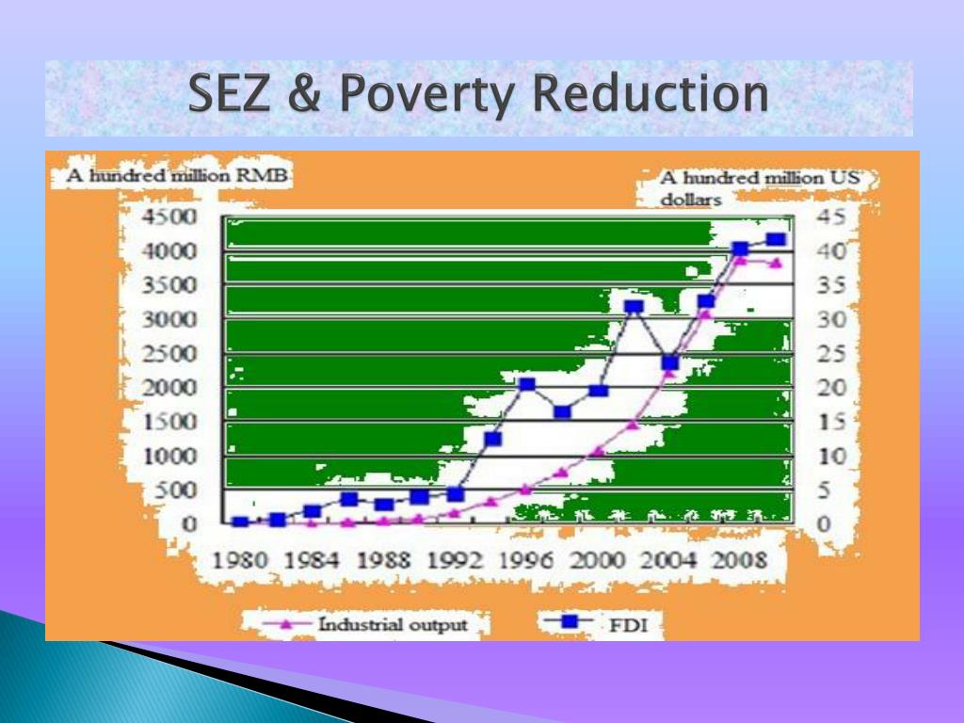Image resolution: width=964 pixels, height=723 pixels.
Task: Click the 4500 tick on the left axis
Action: coord(170,217)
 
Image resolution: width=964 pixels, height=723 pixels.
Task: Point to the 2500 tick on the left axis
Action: coord(170,354)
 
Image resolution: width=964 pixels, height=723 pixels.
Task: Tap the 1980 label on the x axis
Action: coord(240,560)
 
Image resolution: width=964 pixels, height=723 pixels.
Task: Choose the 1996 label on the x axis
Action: coord(525,560)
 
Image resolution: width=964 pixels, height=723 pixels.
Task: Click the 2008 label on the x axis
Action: coord(739,560)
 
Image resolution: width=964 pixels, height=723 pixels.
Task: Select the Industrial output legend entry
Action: coord(365,625)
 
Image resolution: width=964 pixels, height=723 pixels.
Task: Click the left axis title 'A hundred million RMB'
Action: coord(177,176)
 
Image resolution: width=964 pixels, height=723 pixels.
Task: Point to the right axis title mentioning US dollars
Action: coord(760,188)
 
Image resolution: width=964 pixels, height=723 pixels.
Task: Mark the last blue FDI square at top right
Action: coord(776,239)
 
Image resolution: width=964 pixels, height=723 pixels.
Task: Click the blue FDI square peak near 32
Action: coord(634,306)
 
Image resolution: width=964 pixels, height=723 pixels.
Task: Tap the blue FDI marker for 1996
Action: coord(527,385)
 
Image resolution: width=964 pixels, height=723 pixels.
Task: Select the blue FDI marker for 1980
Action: coord(240,522)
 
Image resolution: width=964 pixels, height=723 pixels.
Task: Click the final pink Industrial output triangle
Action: coord(776,264)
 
